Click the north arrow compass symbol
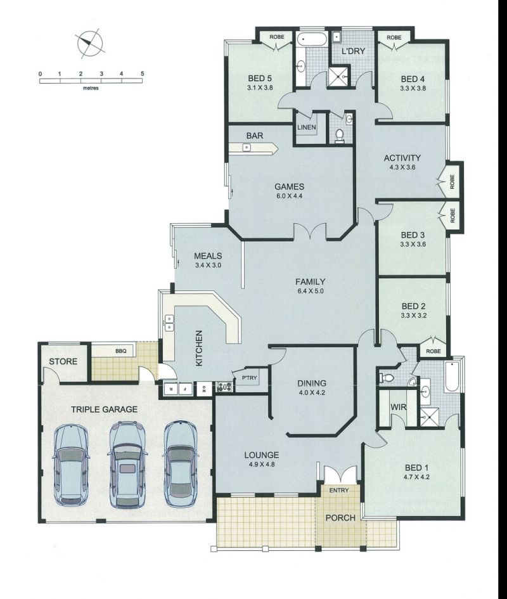click(91, 44)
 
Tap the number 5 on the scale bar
click(142, 74)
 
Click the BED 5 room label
click(260, 79)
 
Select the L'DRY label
click(354, 51)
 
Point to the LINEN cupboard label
click(307, 127)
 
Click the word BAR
click(255, 136)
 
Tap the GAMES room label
click(290, 187)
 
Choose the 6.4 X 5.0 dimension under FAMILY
click(311, 291)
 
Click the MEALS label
click(208, 256)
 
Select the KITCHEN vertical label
click(198, 349)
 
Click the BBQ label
click(121, 351)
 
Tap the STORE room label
click(63, 361)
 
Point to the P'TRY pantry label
click(250, 378)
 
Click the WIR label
click(398, 407)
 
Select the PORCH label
click(340, 518)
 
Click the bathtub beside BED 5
click(312, 39)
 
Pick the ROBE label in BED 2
click(433, 351)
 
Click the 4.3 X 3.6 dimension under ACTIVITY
click(402, 167)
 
